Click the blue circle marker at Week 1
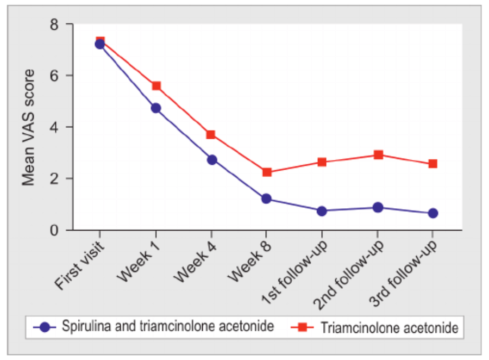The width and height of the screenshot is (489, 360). click(156, 108)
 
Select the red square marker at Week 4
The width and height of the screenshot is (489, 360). click(211, 134)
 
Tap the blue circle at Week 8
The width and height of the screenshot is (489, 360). click(266, 198)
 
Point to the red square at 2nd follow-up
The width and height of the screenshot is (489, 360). click(378, 155)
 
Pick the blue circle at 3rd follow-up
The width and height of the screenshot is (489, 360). click(433, 213)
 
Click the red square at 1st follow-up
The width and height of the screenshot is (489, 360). click(322, 162)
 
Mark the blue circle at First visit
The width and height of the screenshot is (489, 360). click(100, 44)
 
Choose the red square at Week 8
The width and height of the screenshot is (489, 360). click(267, 172)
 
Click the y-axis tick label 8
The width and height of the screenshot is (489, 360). click(54, 24)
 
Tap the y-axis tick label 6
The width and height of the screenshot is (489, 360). click(54, 76)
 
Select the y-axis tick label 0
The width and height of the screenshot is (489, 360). click(54, 230)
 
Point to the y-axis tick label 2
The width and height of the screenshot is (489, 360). click(54, 178)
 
